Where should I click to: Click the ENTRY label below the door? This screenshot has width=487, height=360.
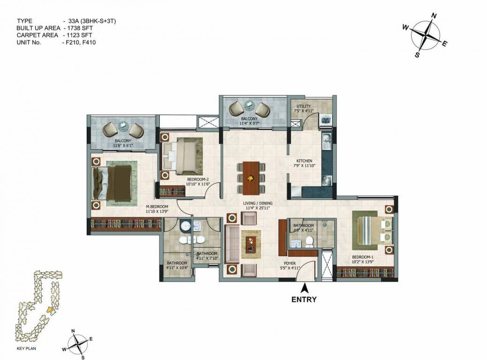(304, 300)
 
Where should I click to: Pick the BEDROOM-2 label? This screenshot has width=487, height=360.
(197, 179)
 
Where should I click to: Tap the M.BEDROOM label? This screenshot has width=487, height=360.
(157, 206)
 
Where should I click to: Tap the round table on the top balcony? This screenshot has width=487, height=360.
(248, 105)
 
